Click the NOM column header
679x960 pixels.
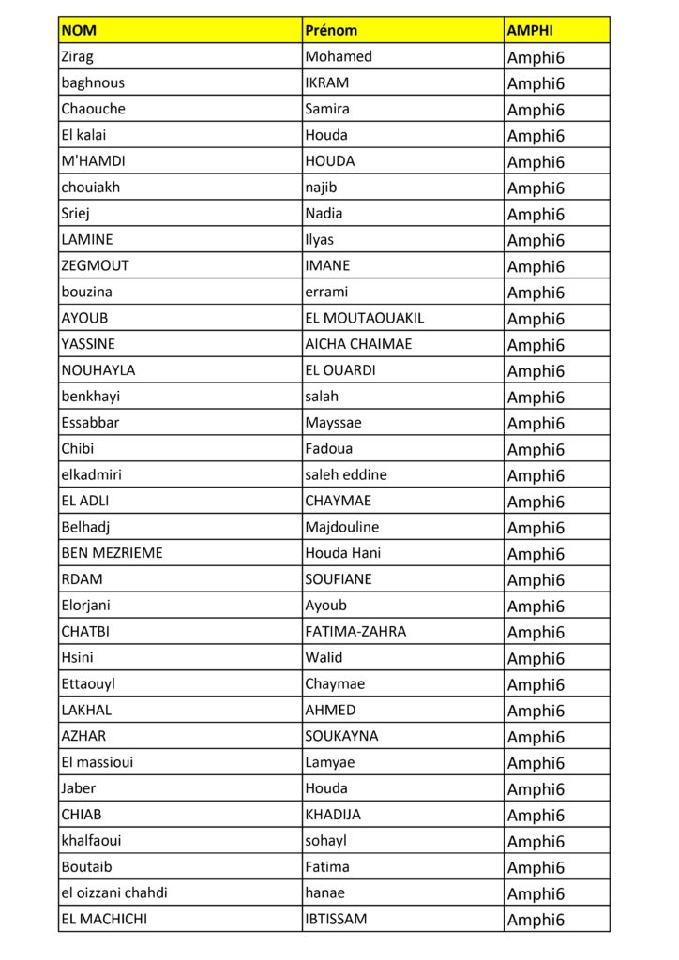point(79,30)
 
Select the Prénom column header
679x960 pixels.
point(331,30)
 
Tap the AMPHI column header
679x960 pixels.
point(530,30)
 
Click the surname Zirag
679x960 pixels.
point(77,56)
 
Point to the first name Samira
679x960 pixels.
point(327,109)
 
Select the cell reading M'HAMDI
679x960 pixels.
point(93,161)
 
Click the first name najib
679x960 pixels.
point(322,187)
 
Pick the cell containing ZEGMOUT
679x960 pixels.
point(95,265)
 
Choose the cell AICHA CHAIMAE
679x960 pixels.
point(358,344)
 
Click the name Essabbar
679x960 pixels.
point(90,423)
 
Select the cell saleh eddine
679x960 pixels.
point(345,474)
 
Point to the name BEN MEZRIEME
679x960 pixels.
point(112,553)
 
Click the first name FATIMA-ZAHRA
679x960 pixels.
point(355,632)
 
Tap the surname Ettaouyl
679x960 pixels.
point(88,684)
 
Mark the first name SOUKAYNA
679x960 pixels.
point(341,736)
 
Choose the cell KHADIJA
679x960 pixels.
point(333,815)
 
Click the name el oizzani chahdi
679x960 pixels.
point(114,893)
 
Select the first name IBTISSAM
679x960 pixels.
point(336,920)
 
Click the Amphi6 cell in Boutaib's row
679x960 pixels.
point(536,868)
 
